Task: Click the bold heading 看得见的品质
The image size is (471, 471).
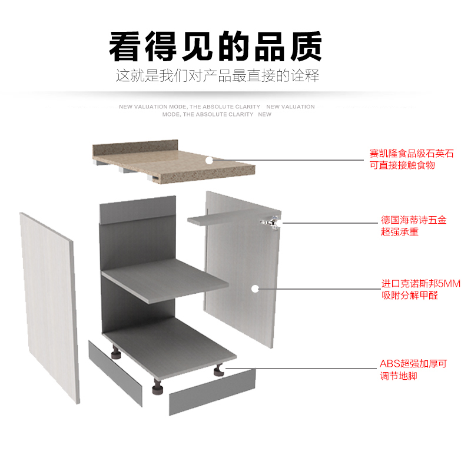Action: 215,47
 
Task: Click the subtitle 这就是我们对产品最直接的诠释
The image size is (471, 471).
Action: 217,77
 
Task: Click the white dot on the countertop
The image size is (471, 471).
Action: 209,160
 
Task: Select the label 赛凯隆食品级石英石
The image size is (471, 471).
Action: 412,154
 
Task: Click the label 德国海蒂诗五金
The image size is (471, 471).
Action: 413,220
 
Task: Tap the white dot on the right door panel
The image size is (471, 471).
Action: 255,288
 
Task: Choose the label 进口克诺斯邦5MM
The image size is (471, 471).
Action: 416,284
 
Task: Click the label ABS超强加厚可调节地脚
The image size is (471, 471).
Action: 413,370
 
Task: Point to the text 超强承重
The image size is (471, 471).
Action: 399,232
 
